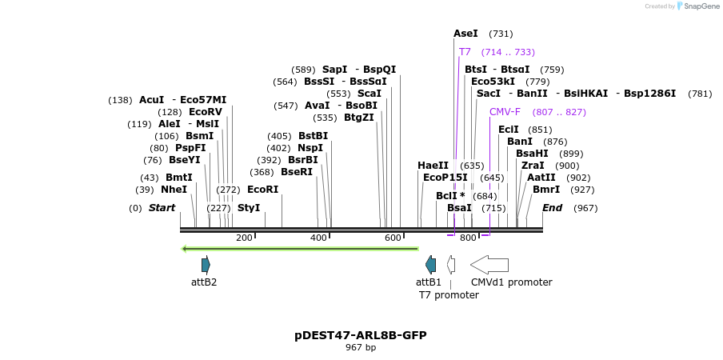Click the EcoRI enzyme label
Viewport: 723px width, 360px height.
[262, 190]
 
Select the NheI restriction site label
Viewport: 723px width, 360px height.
[174, 190]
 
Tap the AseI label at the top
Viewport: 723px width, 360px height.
[465, 34]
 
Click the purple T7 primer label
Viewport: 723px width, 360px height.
[465, 52]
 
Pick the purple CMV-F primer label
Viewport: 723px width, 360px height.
[505, 112]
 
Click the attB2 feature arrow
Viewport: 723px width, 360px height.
[206, 264]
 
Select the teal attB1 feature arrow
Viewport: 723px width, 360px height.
[431, 264]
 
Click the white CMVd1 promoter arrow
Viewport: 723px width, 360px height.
[489, 264]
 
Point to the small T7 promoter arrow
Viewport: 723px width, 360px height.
[451, 264]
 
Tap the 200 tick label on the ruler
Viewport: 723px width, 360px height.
[244, 238]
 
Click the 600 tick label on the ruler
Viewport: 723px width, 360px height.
[393, 238]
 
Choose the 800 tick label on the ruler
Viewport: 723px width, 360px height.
[468, 238]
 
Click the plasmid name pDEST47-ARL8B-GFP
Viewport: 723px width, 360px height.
[361, 335]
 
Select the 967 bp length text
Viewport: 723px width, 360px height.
[361, 348]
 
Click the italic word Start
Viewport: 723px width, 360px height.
[162, 208]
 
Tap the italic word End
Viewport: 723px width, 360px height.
[553, 208]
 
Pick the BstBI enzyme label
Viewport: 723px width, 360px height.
[313, 136]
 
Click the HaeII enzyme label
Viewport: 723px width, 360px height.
[433, 166]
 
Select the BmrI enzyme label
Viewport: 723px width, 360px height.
[546, 190]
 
